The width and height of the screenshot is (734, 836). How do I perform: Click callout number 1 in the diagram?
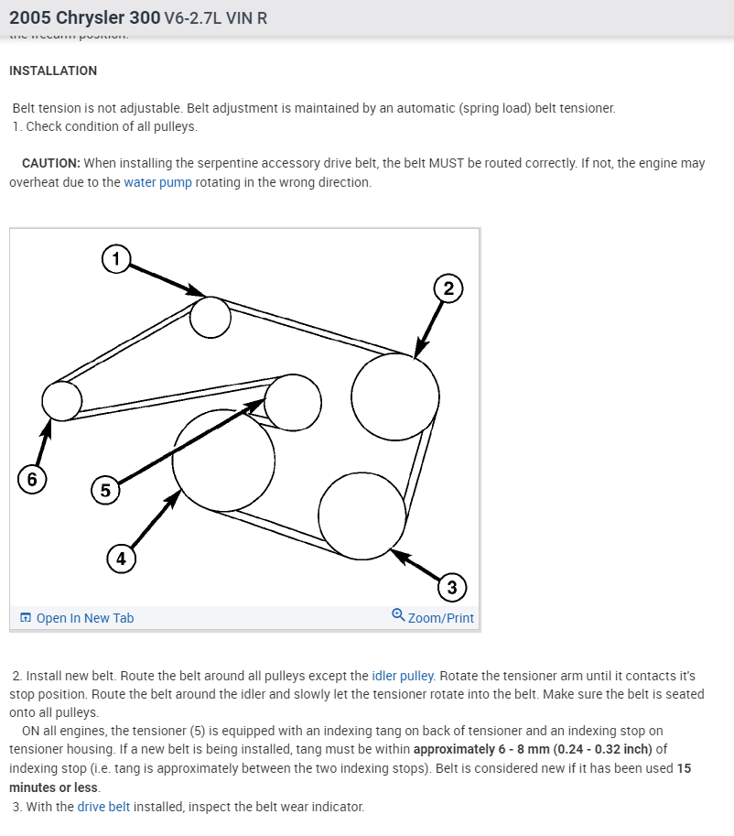(115, 259)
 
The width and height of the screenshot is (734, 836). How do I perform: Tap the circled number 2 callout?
(448, 289)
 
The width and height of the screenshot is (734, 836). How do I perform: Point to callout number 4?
(120, 557)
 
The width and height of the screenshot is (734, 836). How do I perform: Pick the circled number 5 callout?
(105, 491)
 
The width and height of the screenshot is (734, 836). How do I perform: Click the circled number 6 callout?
(32, 480)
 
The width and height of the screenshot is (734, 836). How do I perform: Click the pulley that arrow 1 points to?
(210, 317)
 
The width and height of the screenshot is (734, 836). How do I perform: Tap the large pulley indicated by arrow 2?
(394, 397)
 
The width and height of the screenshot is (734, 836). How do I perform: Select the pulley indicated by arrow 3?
(362, 516)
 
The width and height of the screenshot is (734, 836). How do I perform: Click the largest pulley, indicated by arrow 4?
(223, 460)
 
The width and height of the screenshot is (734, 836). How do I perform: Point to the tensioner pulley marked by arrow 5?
(293, 402)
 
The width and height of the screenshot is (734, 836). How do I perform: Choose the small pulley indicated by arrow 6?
(62, 400)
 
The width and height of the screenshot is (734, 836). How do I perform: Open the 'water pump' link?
(157, 182)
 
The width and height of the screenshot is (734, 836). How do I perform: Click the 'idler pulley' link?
(403, 676)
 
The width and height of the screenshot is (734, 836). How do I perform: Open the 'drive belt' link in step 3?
(103, 807)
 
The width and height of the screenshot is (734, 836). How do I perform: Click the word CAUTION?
(50, 163)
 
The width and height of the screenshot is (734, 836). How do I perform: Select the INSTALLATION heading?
(52, 71)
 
